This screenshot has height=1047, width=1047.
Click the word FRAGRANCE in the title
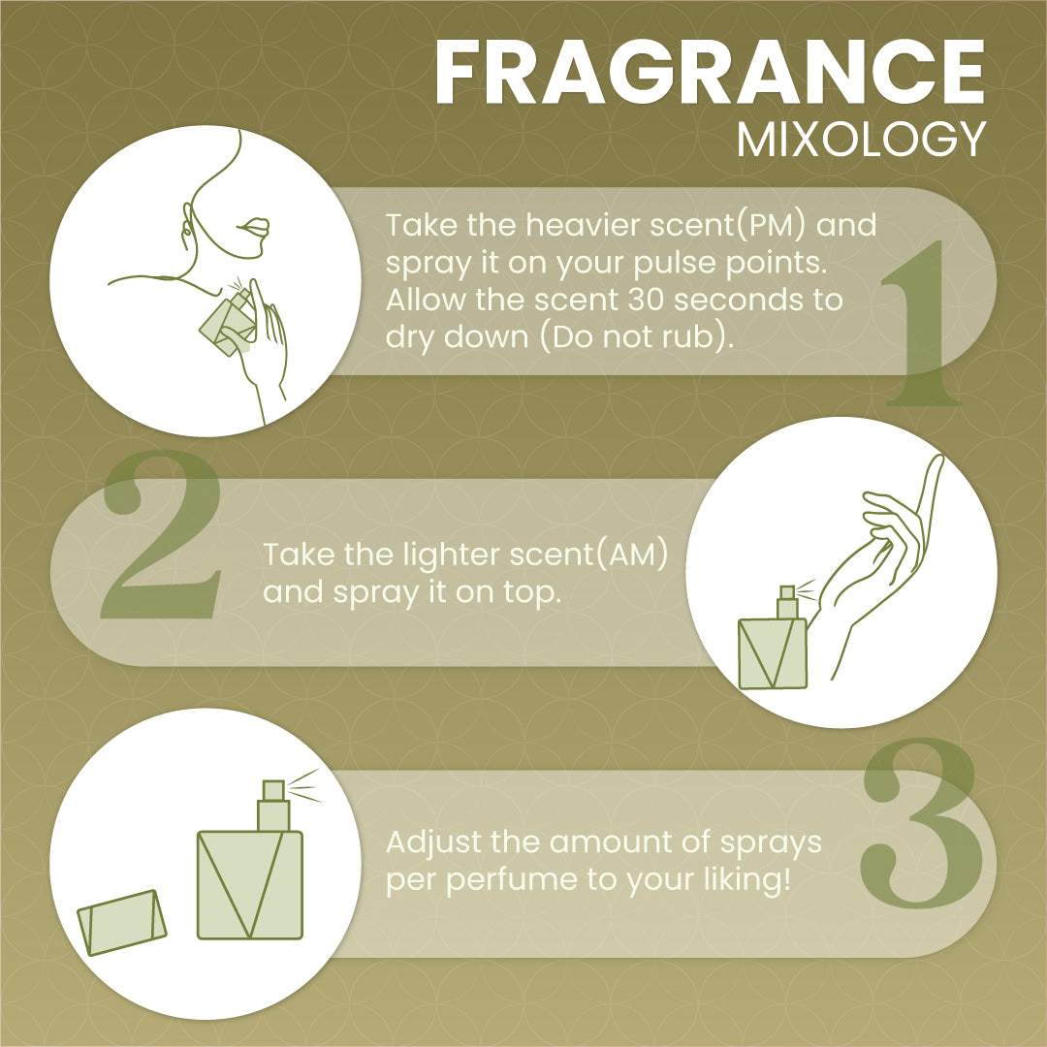(x=710, y=72)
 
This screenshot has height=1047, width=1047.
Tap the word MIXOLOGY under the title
(x=862, y=140)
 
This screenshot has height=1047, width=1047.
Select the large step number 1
(x=922, y=323)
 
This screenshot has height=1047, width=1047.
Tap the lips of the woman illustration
(x=254, y=226)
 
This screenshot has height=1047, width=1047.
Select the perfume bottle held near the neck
(x=229, y=319)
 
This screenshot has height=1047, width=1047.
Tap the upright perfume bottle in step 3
(x=250, y=862)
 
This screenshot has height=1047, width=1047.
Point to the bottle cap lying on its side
(x=121, y=923)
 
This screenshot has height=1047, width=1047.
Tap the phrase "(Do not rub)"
(x=636, y=337)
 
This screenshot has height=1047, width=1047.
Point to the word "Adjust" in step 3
(x=433, y=843)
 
